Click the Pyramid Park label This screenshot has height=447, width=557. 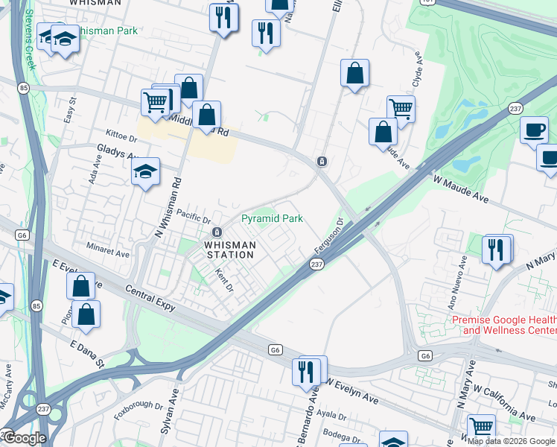coord(272,219)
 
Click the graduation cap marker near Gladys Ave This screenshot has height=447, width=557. coord(146,172)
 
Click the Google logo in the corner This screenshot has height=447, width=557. coord(25,438)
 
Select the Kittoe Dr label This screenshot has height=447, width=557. coord(123,139)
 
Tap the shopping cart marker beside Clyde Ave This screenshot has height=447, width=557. coord(401,109)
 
